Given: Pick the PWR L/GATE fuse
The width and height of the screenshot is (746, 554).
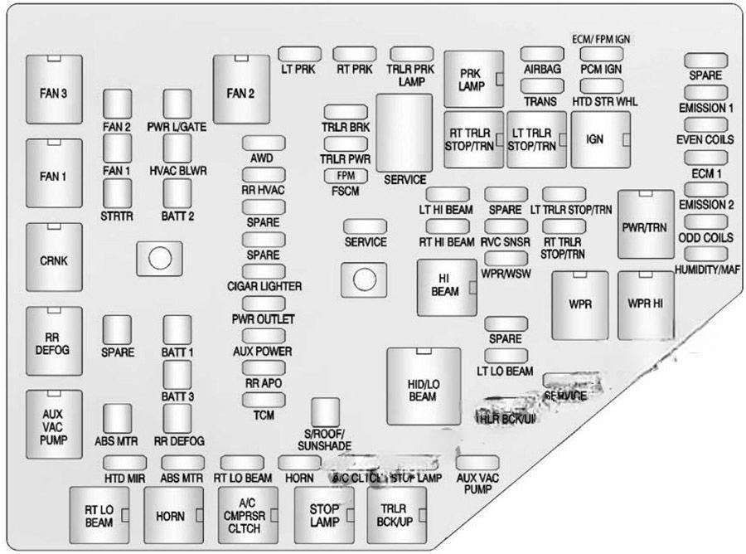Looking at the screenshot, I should pyautogui.click(x=177, y=104).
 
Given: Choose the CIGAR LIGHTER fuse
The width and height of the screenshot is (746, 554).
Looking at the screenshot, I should pyautogui.click(x=264, y=272).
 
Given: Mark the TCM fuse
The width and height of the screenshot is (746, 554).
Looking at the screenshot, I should pyautogui.click(x=264, y=401).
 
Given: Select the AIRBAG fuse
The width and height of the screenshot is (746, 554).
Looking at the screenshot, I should pyautogui.click(x=543, y=53).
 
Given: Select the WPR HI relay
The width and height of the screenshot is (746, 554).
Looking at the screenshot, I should pyautogui.click(x=646, y=304).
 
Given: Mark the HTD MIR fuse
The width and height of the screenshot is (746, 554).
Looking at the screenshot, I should pyautogui.click(x=124, y=463).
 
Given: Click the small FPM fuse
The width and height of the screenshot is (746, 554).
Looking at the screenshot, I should pyautogui.click(x=346, y=176).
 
